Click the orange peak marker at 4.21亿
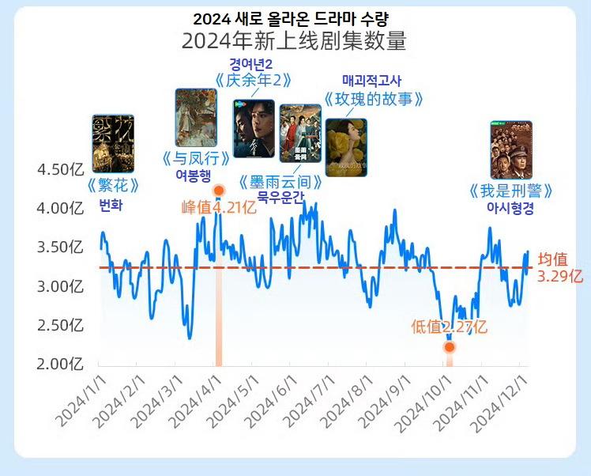(x=219, y=191)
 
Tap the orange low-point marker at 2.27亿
(x=449, y=346)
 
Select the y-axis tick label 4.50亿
(x=60, y=170)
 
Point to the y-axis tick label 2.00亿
(x=60, y=364)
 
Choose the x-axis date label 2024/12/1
(x=499, y=403)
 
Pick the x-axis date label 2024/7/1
(x=307, y=403)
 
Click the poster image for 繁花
(x=113, y=143)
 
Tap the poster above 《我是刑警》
(x=510, y=149)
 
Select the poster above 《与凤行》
(x=195, y=118)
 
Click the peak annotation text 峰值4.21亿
(x=219, y=207)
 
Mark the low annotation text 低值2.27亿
(x=449, y=327)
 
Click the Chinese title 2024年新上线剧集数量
(x=294, y=41)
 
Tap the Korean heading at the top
(x=294, y=17)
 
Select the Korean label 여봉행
(x=195, y=174)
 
